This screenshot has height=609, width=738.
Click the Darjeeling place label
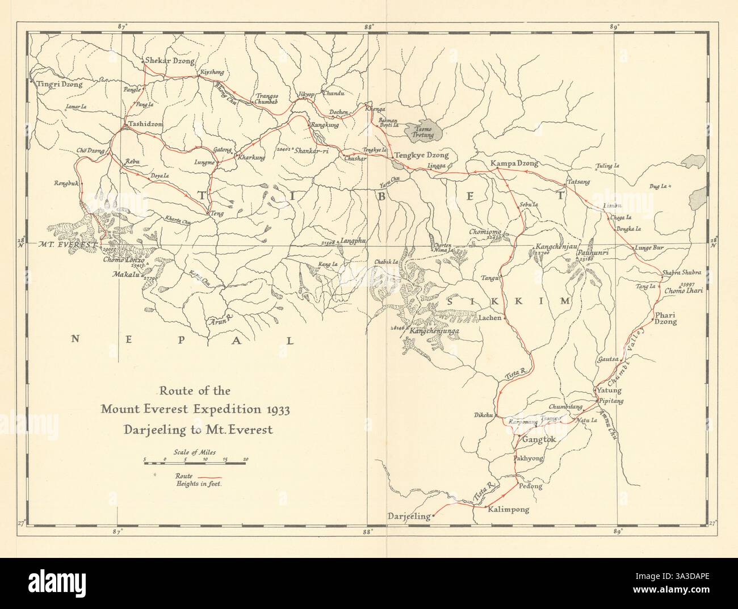pos(408,516)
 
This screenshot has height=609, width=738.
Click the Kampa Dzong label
pos(513,163)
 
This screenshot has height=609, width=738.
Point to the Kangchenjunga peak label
pos(436,330)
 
